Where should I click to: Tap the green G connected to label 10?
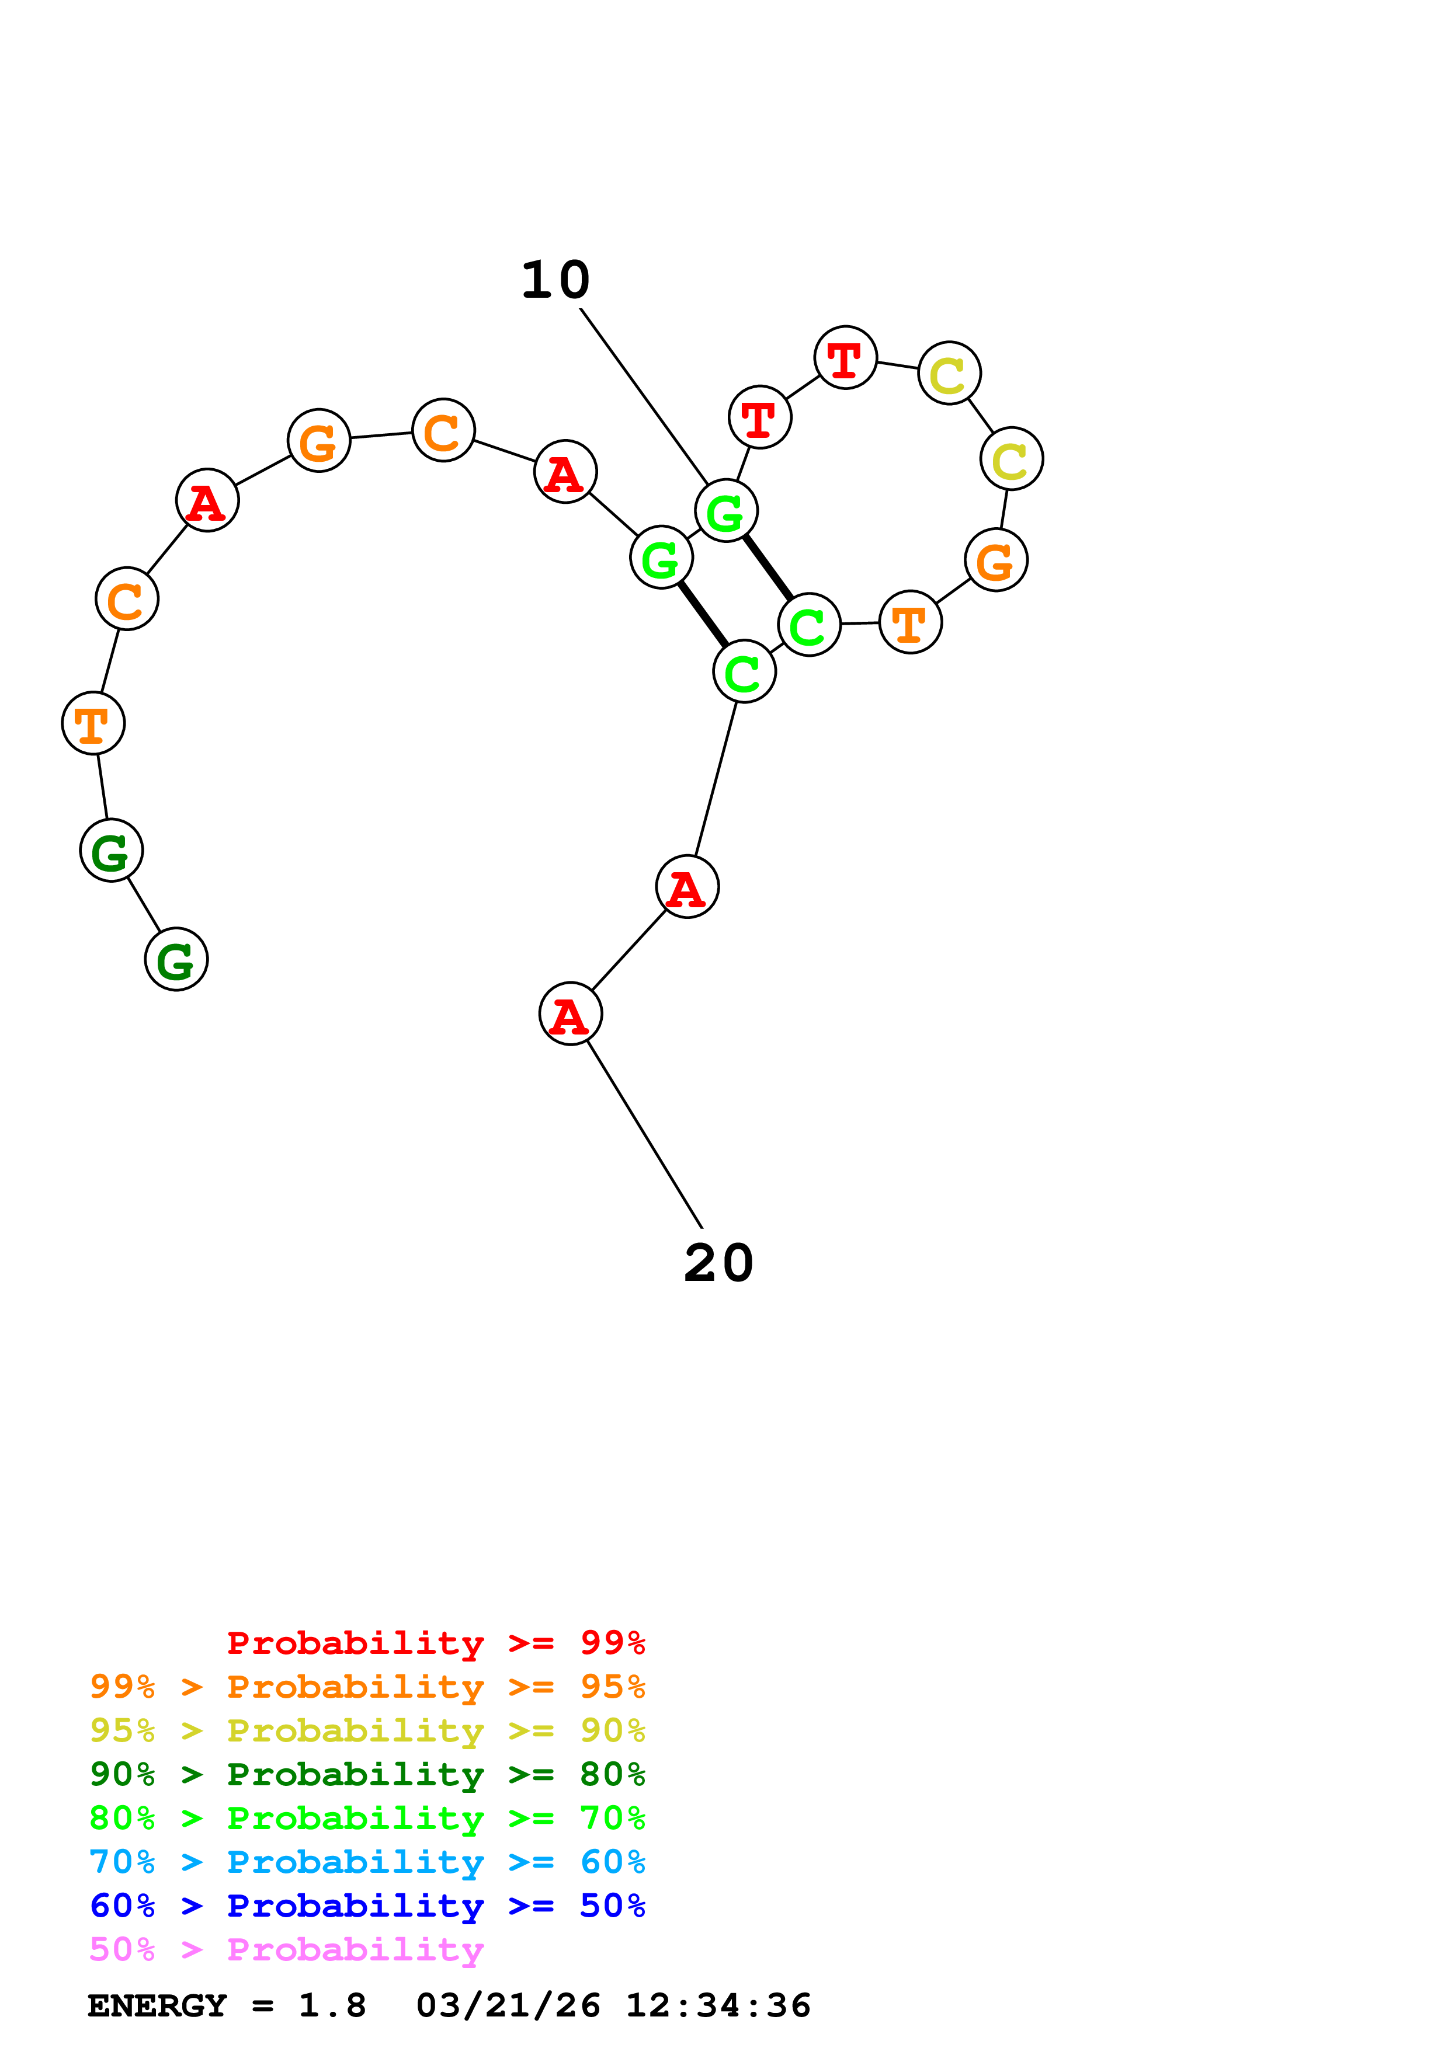click(725, 510)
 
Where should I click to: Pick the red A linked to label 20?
click(570, 1014)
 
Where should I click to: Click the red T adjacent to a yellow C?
click(845, 358)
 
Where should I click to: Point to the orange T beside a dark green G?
click(93, 723)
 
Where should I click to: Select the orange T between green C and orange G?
click(910, 622)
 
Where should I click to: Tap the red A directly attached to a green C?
click(687, 887)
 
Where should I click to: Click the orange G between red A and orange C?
click(318, 441)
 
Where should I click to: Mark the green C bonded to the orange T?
click(808, 625)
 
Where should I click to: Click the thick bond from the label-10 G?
click(768, 567)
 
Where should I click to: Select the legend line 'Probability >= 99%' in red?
click(435, 1642)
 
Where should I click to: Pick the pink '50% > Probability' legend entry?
click(286, 1949)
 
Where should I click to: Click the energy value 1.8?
click(332, 2005)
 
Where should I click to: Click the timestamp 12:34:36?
click(718, 2005)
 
